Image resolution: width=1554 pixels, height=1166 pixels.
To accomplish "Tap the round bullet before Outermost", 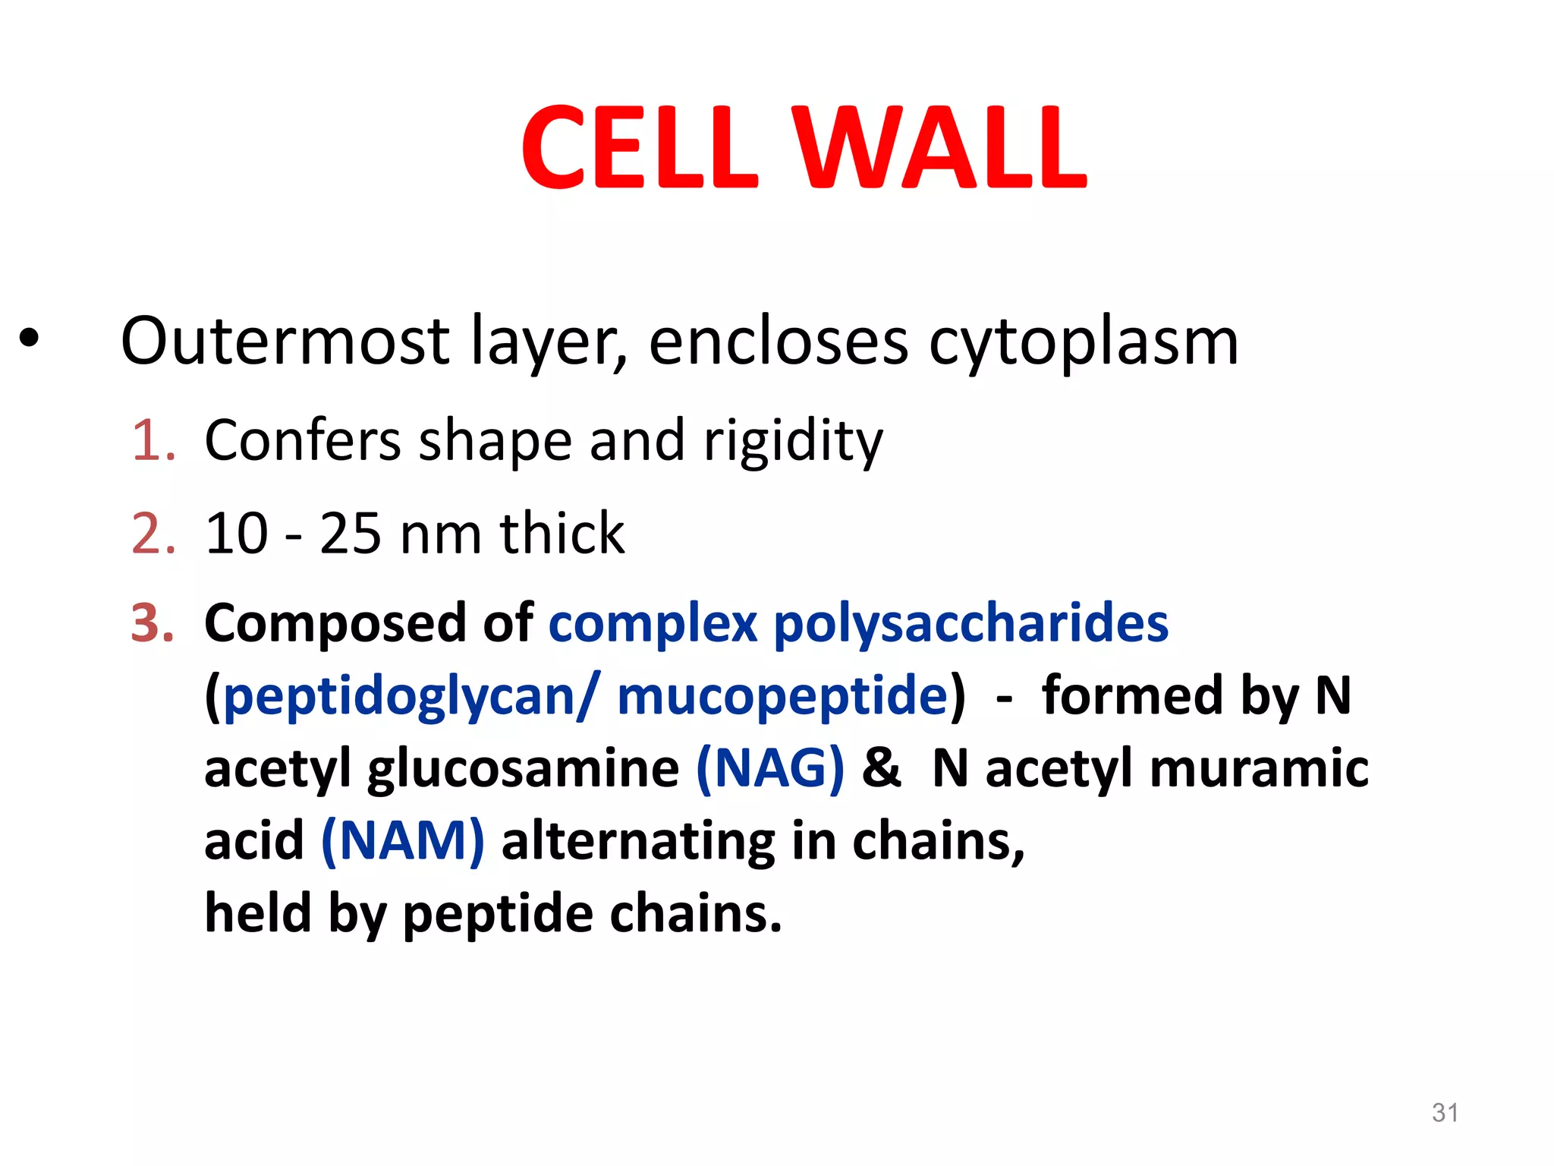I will (x=29, y=339).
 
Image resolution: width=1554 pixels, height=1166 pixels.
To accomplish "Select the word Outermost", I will (x=285, y=341).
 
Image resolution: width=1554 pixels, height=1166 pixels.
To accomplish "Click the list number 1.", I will (x=153, y=440).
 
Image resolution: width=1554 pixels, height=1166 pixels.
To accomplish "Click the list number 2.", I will (x=153, y=533).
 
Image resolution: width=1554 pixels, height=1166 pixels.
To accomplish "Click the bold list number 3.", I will (x=153, y=623).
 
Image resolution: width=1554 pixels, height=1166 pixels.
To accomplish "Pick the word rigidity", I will (x=793, y=442).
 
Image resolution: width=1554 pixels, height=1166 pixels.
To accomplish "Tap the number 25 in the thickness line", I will (x=350, y=533).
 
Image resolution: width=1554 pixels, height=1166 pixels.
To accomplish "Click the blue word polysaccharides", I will (x=970, y=624).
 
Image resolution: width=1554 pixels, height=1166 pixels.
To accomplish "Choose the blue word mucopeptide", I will (x=782, y=697).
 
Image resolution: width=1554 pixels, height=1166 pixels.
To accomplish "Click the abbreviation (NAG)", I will (x=769, y=768).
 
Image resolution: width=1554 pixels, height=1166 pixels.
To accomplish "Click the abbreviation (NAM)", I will (x=402, y=841).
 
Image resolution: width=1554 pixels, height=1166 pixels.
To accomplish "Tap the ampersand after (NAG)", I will (x=880, y=768).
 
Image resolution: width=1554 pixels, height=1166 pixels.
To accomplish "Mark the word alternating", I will (x=637, y=841).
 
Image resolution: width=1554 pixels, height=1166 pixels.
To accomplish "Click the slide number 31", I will (x=1445, y=1112).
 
